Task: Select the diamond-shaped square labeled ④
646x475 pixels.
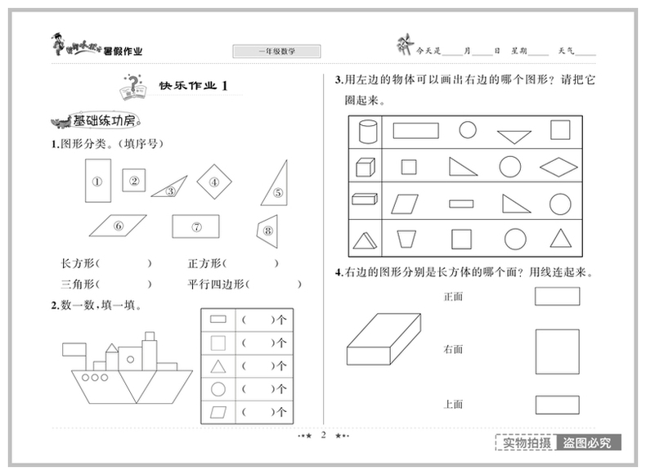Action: coord(213,182)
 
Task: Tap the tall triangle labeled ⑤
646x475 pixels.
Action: coord(276,184)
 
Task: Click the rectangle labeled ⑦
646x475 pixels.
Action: coord(196,226)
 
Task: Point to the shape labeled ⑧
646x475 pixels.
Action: coord(267,230)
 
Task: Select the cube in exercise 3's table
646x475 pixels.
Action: coord(365,167)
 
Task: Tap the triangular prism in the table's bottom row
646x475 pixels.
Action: coord(365,239)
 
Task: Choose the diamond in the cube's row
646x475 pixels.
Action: coord(560,167)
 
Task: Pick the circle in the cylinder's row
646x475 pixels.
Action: coord(467,130)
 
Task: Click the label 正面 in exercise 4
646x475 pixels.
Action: coord(453,297)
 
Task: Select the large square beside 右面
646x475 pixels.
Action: coord(557,351)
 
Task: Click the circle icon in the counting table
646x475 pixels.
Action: coord(218,388)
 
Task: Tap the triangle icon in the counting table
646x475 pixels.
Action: coord(218,365)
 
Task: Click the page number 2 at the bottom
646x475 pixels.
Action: coord(323,436)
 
